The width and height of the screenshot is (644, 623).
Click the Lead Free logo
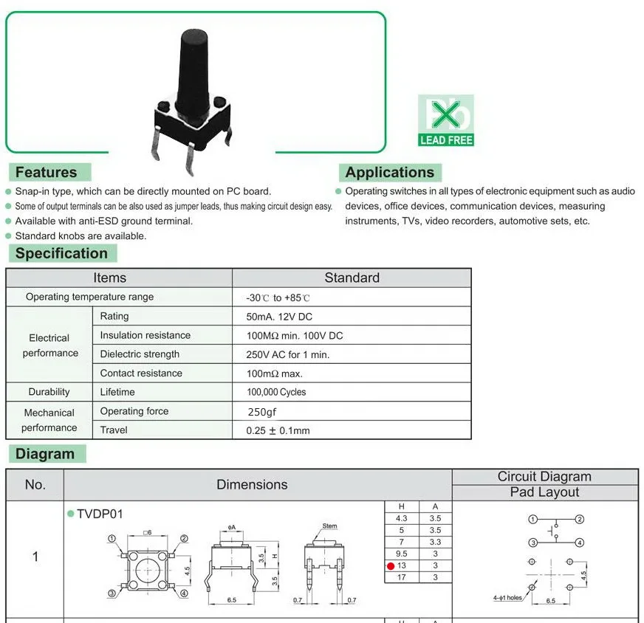click(446, 120)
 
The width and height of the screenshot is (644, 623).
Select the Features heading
click(46, 173)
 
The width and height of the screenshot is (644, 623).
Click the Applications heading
click(389, 173)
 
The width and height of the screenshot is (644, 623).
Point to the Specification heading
click(61, 254)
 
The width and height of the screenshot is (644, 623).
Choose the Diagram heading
click(45, 454)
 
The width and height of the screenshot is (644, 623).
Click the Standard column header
click(352, 278)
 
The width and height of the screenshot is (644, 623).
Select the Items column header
click(109, 278)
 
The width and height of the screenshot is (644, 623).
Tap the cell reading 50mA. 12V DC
click(279, 317)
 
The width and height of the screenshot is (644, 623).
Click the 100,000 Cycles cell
click(276, 392)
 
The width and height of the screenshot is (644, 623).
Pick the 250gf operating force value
click(262, 412)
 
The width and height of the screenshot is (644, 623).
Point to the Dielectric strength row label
click(140, 354)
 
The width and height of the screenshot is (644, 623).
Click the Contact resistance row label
click(141, 374)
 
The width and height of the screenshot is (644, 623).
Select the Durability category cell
click(49, 392)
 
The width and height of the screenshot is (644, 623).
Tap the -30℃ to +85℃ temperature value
click(278, 297)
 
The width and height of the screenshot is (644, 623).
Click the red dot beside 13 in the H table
click(391, 566)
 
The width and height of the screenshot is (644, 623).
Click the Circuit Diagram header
click(544, 477)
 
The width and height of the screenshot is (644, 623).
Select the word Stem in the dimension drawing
click(329, 526)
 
